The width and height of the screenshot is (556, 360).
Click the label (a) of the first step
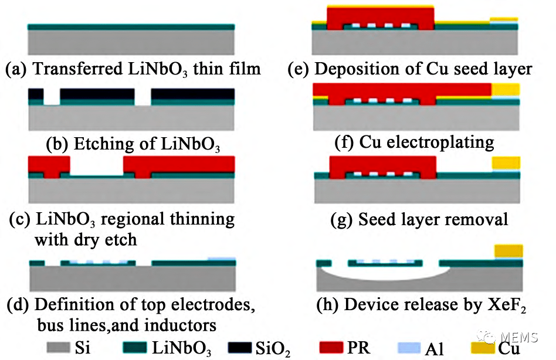click(16, 69)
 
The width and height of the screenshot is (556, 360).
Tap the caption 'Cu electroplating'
click(426, 142)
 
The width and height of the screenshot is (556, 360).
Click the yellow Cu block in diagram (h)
click(508, 252)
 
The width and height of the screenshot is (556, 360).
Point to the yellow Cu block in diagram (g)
click(506, 162)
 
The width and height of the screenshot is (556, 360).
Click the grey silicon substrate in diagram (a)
click(131, 42)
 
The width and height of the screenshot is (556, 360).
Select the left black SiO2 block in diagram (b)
click(36, 93)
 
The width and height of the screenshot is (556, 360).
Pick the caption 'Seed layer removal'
click(433, 220)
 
